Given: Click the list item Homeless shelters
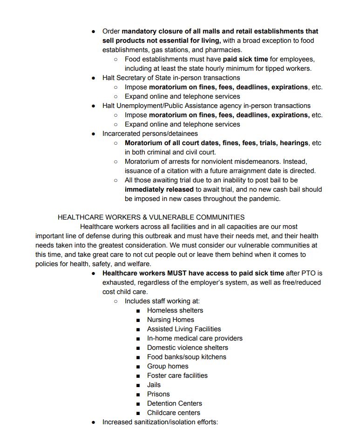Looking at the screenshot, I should (x=175, y=310).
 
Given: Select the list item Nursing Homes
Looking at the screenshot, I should (x=170, y=320).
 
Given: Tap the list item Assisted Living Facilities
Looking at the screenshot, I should (x=184, y=329).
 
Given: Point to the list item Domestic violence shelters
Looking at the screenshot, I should (x=187, y=348).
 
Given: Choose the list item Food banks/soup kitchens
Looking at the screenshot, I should (x=186, y=357).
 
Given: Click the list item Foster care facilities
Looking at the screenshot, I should (x=177, y=375).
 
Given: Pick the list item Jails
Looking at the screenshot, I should (x=154, y=385).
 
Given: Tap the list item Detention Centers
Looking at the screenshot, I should (x=174, y=403).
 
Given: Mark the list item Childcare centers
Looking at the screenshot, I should (x=173, y=413).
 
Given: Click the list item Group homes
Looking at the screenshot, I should (x=168, y=366).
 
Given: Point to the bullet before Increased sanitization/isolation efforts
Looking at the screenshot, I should (x=93, y=422).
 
